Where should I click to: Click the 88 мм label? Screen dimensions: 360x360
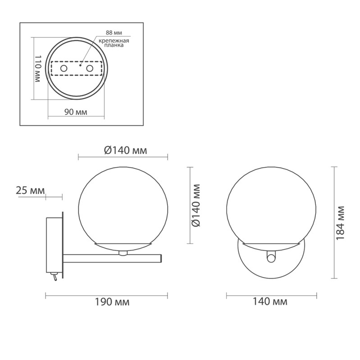pos(114,32)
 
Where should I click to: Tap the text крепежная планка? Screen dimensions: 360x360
pos(114,43)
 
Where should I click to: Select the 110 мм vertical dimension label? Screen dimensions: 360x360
pos(38,68)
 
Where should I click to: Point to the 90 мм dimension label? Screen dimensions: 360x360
pos(76,112)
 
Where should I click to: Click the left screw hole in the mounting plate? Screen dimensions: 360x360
pos(64,68)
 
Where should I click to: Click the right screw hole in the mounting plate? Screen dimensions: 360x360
pos(90,68)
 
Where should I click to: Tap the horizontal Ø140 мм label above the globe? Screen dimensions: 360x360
pos(125,150)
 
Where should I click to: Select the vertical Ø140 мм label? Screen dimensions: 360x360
pos(196,205)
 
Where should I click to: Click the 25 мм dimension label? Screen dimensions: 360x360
pos(30,191)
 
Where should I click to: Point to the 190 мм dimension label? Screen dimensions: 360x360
pos(112,302)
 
